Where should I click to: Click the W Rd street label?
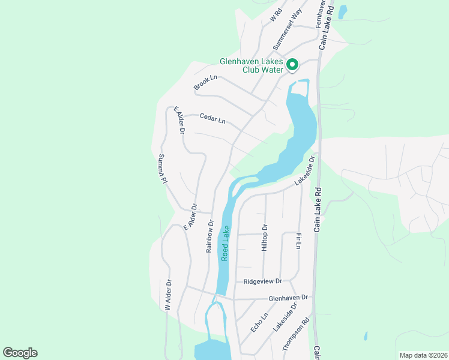coord(276,14)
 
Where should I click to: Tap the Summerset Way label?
coord(286,30)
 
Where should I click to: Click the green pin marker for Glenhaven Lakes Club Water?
coord(292,64)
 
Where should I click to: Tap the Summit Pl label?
coord(161,169)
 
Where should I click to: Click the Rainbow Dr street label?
coord(210,236)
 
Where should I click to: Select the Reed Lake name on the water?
coord(225,242)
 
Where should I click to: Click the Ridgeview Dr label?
coord(262,281)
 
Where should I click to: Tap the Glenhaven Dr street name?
coord(288,297)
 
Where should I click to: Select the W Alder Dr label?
coord(169,295)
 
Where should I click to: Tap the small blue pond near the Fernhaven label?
coord(343,11)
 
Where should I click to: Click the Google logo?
coord(20,353)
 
